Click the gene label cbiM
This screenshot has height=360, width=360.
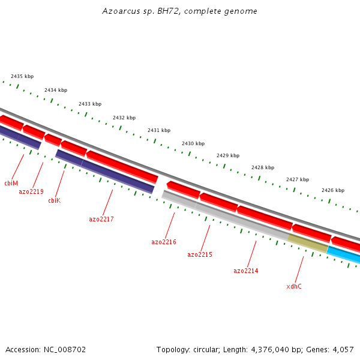click(x=11, y=183)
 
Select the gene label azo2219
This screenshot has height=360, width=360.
click(x=31, y=191)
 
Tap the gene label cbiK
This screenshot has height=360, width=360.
click(x=54, y=200)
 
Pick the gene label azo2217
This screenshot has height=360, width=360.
click(x=101, y=219)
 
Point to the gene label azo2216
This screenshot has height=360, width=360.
click(x=164, y=242)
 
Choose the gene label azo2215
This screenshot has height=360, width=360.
click(x=200, y=254)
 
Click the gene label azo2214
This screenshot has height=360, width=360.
click(x=246, y=271)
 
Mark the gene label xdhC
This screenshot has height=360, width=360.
click(x=294, y=286)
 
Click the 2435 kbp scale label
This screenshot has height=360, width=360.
click(x=22, y=76)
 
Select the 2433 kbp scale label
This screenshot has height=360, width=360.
click(x=90, y=104)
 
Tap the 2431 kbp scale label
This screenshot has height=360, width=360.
click(x=159, y=130)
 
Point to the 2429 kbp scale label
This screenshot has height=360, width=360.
click(x=228, y=155)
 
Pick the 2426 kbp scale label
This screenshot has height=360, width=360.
click(x=333, y=190)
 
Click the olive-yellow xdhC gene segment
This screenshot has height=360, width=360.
click(x=308, y=243)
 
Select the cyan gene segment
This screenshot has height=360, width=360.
click(x=344, y=255)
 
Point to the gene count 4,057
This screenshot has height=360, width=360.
click(x=343, y=349)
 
